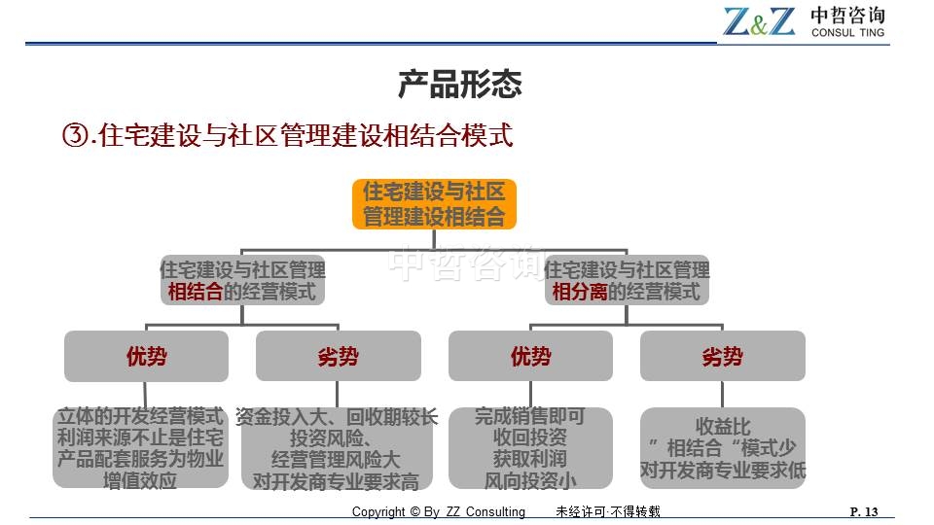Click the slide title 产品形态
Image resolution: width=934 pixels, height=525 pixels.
460,84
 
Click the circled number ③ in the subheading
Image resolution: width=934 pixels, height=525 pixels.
76,135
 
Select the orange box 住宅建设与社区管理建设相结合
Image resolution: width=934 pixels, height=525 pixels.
434,204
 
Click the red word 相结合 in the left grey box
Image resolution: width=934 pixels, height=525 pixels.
195,292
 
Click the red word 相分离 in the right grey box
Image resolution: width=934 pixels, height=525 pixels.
579,292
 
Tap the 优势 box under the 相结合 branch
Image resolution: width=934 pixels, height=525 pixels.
147,356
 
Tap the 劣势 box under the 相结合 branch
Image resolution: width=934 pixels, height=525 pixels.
339,356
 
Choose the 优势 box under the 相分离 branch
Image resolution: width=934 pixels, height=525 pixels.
531,356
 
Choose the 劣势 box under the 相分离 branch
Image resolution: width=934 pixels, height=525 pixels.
723,356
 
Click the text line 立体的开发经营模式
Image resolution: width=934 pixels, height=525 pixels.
140,416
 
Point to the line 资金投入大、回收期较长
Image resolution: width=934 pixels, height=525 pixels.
337,417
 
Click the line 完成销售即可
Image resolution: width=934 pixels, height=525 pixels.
530,416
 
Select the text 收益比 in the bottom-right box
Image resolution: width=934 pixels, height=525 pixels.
723,426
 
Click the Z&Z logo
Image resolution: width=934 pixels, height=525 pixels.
759,21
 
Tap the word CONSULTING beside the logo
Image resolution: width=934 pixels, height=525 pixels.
847,33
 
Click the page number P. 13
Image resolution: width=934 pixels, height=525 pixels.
864,511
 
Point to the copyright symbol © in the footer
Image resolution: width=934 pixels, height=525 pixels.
414,512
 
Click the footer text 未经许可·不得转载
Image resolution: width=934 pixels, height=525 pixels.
608,511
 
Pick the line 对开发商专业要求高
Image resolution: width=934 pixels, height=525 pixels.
336,481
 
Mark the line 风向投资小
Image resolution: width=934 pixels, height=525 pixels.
530,480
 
